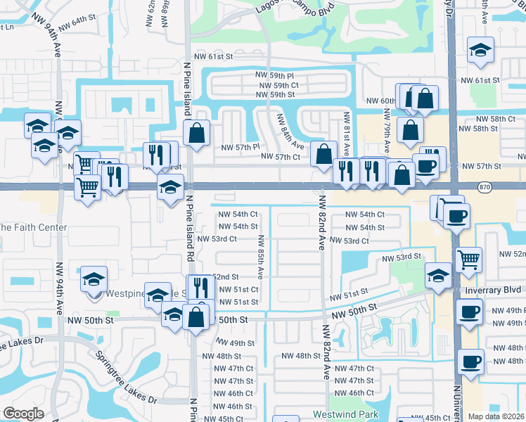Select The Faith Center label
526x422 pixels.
[x=33, y=227]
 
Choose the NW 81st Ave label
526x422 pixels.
[x=347, y=131]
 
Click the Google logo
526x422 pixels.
[x=23, y=414]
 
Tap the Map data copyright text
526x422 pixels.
[x=496, y=416]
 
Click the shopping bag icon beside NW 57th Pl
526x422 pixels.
[x=197, y=131]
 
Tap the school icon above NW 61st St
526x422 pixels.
[x=481, y=49]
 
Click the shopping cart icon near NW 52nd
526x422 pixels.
[x=468, y=260]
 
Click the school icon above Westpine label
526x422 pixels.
[x=94, y=279]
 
